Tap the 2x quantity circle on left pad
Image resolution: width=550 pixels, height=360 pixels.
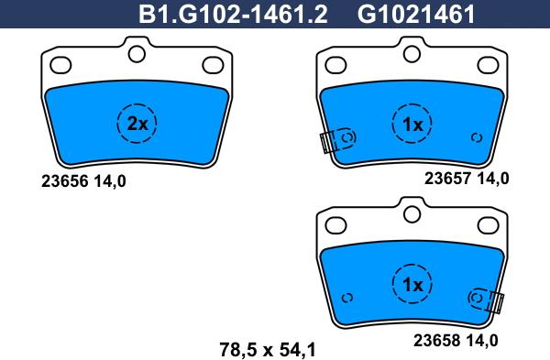click(x=137, y=125)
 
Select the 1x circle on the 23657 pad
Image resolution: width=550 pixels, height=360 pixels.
click(x=412, y=124)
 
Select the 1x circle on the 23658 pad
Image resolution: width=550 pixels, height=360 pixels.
click(x=412, y=285)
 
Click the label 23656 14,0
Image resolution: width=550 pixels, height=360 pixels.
click(x=82, y=180)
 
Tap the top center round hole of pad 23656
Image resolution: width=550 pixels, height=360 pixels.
click(x=137, y=55)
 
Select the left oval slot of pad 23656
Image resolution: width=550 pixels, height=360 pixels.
click(x=62, y=65)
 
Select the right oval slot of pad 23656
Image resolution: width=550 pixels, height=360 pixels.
click(x=212, y=65)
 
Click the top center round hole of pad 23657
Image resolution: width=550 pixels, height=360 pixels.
click(x=412, y=55)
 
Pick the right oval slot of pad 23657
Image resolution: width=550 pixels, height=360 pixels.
click(x=486, y=65)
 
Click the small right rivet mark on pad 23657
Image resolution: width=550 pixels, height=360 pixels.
click(x=476, y=137)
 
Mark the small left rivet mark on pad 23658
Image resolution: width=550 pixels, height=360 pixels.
click(x=346, y=298)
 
